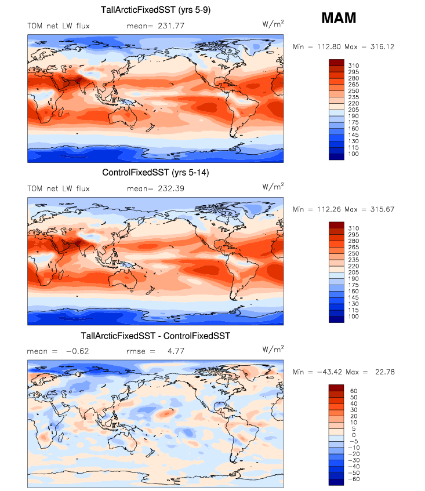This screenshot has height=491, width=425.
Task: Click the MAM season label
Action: (339, 19)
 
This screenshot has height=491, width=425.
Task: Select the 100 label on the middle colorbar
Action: (353, 318)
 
